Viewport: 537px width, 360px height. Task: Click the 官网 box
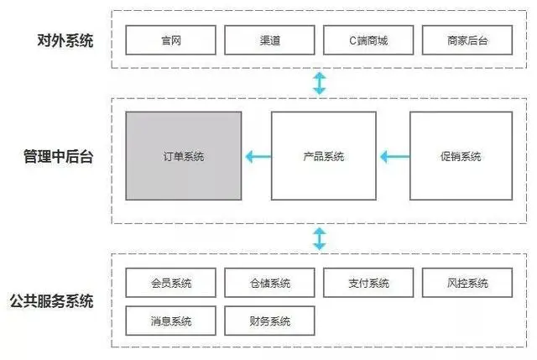click(x=170, y=39)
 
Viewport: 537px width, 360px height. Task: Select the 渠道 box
click(x=269, y=39)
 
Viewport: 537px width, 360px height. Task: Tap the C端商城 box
click(x=368, y=39)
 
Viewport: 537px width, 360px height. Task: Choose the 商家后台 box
click(x=467, y=39)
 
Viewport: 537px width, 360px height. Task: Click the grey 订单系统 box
click(x=183, y=156)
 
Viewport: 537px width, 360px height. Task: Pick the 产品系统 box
click(x=323, y=156)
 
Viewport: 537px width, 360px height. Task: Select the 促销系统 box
click(x=461, y=156)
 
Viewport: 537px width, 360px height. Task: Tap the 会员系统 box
click(x=170, y=283)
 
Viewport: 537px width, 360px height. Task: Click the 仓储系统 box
click(x=269, y=283)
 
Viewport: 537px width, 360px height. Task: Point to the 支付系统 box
click(x=368, y=283)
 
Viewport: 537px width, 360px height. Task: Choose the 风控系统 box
click(x=467, y=283)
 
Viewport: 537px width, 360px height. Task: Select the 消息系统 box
click(x=170, y=321)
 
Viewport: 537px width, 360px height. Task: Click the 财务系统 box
click(x=269, y=321)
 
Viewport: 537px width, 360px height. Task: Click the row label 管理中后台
click(x=58, y=156)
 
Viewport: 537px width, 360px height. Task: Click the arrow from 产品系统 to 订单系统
click(x=257, y=156)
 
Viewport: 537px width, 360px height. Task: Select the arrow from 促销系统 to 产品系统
click(x=394, y=156)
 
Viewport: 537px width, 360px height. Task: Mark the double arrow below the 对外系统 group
click(x=319, y=83)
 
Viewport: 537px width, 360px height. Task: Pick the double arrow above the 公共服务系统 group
click(x=319, y=237)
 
